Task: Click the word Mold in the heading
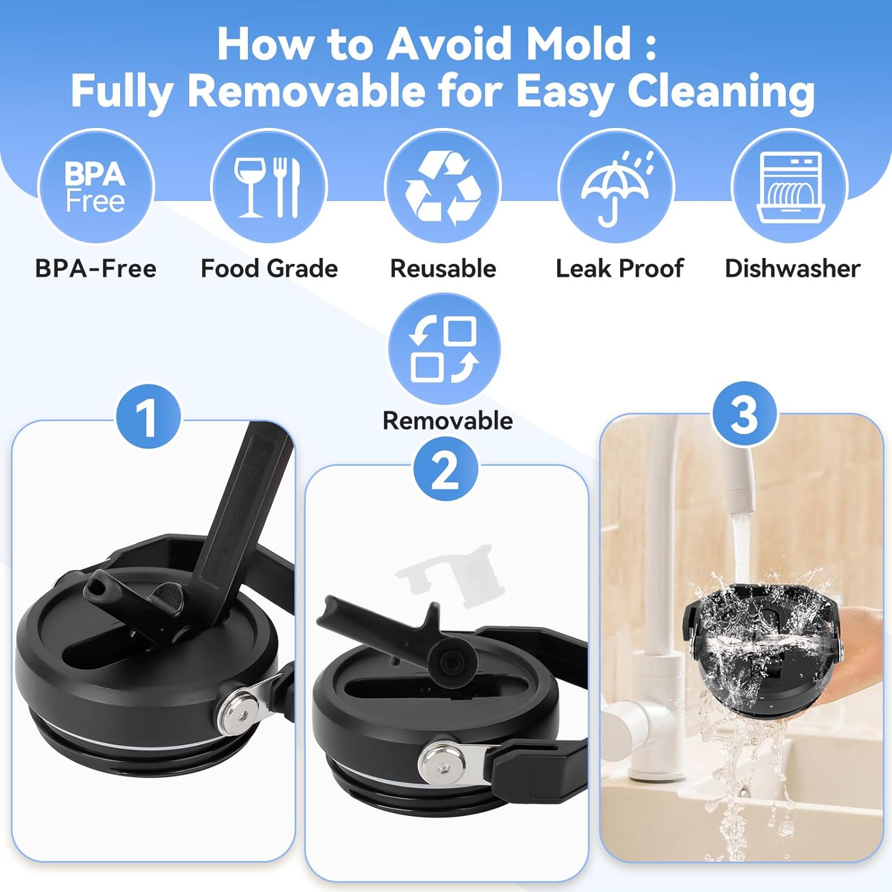579,43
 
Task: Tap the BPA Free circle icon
96,187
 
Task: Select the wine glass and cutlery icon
269,187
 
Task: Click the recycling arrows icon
443,187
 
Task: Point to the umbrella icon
616,187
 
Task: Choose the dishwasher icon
790,187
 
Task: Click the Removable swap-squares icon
444,348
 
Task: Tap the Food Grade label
269,269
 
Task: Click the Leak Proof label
620,269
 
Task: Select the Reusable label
443,269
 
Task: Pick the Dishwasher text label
793,269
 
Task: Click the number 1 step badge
147,416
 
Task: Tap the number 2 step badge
446,470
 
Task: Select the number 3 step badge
745,414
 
